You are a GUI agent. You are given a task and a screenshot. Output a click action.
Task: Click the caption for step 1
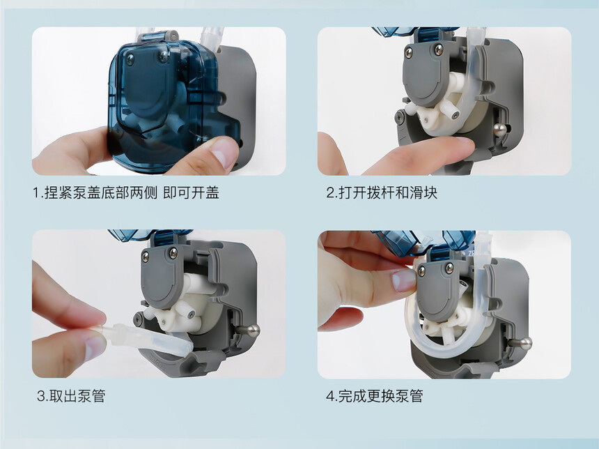[125, 192]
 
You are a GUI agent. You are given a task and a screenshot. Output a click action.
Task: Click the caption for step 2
[381, 192]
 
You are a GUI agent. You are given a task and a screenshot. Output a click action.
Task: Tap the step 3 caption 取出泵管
[70, 395]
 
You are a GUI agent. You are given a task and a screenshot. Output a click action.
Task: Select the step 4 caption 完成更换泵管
[375, 395]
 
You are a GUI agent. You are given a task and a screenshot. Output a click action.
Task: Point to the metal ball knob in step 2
[499, 128]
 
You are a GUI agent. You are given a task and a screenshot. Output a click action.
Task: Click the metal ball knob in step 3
[253, 330]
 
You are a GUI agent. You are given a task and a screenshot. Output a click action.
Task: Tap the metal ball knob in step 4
[524, 344]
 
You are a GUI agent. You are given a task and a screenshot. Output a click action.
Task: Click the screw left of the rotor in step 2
[400, 117]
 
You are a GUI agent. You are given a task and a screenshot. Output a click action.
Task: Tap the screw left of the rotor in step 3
[138, 318]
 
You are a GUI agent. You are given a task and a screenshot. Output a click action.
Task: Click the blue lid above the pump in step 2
[414, 32]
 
